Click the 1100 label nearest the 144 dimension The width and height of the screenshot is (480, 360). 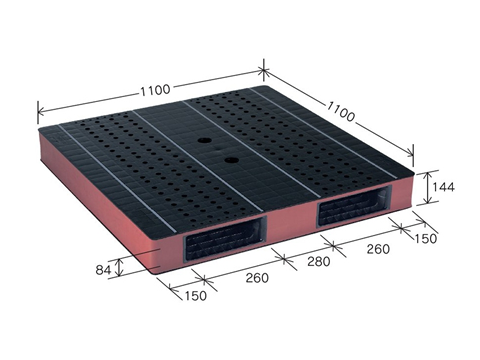point(340,111)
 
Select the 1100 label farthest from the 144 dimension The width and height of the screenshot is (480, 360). point(155,90)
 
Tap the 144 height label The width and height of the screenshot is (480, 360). point(443,187)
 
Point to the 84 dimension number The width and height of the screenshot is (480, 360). point(103,270)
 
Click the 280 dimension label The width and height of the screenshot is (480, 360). point(319,261)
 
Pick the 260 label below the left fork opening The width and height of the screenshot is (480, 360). point(257,278)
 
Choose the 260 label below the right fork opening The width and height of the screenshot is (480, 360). point(378,249)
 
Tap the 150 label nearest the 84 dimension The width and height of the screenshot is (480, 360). point(196,296)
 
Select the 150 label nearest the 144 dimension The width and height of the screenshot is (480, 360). point(425,238)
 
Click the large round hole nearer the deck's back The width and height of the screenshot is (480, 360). point(205,141)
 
